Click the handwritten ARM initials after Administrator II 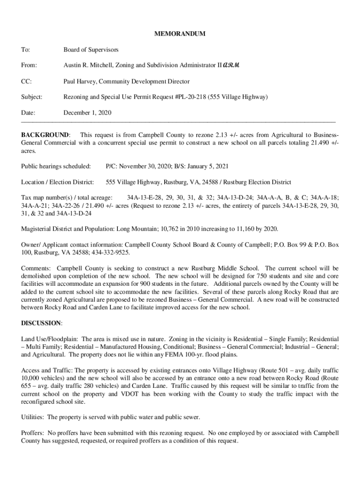click(231, 65)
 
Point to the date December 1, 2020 click(87, 113)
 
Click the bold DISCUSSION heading click(41, 323)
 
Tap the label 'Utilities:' click(33, 417)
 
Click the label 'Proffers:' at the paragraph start click(33, 433)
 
